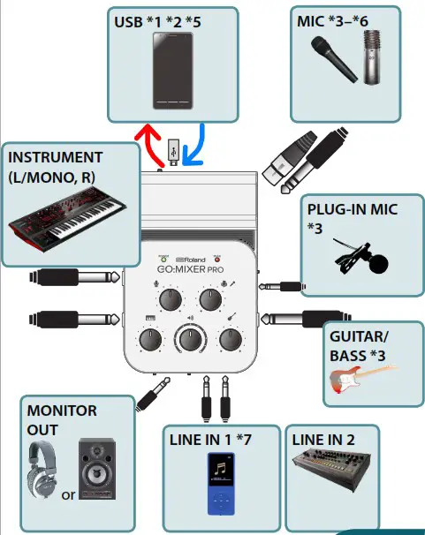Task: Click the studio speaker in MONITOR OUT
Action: click(x=96, y=468)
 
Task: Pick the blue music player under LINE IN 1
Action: click(x=220, y=486)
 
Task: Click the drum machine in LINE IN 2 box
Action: click(x=332, y=480)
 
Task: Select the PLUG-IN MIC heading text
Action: click(x=348, y=211)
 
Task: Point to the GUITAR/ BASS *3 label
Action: click(x=357, y=345)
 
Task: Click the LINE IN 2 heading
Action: click(x=323, y=440)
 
